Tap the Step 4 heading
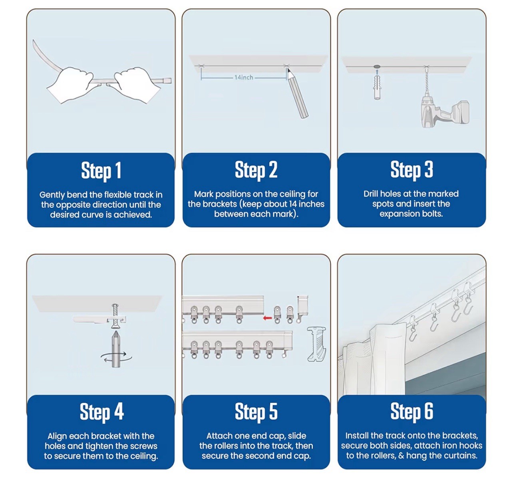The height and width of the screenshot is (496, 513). [101, 412]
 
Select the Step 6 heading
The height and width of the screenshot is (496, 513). [412, 411]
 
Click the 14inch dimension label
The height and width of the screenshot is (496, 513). [244, 78]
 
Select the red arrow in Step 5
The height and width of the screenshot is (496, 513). [267, 318]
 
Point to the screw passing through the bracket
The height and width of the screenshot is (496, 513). [115, 317]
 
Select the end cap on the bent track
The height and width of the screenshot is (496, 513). [167, 80]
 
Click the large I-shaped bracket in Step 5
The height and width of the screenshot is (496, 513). [316, 344]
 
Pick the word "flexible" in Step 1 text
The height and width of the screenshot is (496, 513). [118, 195]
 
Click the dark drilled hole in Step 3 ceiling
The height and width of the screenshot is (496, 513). [377, 67]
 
